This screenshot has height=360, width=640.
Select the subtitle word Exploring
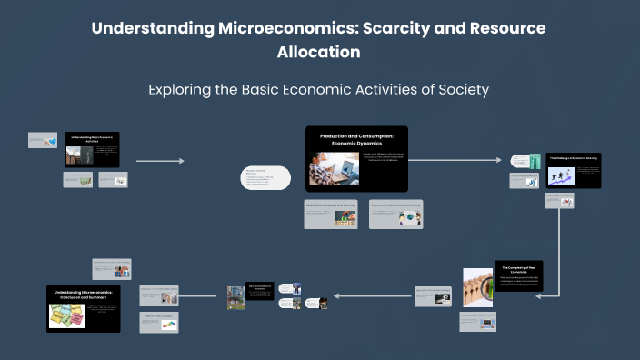pyautogui.click(x=185, y=89)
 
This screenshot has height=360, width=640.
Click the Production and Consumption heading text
pyautogui.click(x=356, y=139)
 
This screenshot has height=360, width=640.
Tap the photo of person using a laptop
pyautogui.click(x=333, y=169)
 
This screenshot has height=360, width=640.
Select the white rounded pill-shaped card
pyautogui.click(x=265, y=178)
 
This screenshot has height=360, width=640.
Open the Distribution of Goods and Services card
pyautogui.click(x=332, y=214)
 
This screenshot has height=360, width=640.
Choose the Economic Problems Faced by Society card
pyautogui.click(x=396, y=214)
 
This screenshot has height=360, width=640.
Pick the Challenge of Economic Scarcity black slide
pyautogui.click(x=573, y=170)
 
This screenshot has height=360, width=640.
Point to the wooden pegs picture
pyautogui.click(x=477, y=286)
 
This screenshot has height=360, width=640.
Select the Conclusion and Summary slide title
pyautogui.click(x=84, y=295)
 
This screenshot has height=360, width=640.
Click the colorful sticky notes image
pyautogui.click(x=66, y=315)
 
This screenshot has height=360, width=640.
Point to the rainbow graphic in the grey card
pyautogui.click(x=168, y=323)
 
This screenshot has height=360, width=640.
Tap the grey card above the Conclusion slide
pyautogui.click(x=112, y=270)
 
